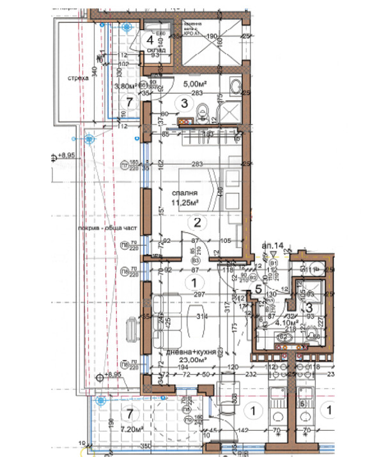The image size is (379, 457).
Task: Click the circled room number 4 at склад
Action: pyautogui.click(x=150, y=36)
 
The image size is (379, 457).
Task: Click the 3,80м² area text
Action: pyautogui.click(x=125, y=86)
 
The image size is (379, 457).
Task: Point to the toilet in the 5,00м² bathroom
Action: pyautogui.click(x=203, y=112)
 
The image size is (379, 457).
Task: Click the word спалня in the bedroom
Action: pyautogui.click(x=183, y=193)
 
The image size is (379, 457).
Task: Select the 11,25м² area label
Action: pyautogui.click(x=183, y=204)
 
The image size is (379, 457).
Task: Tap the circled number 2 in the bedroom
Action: pyautogui.click(x=198, y=222)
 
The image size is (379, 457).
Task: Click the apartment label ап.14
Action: pyautogui.click(x=272, y=244)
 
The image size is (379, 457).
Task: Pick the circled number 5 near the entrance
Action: pyautogui.click(x=258, y=288)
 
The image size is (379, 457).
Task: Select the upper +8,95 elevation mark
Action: pyautogui.click(x=65, y=154)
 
